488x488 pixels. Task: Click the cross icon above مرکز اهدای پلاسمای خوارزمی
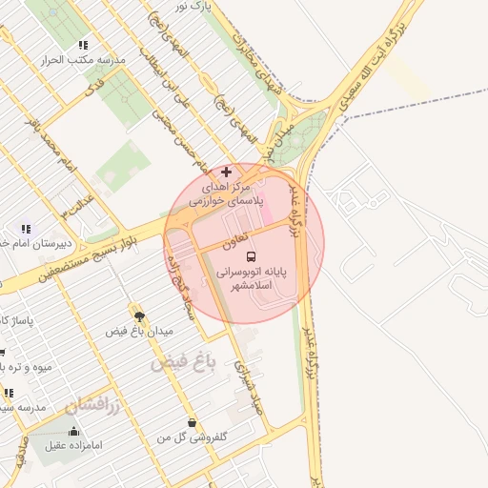[x=226, y=172]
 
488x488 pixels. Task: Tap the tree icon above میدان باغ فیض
[x=139, y=315]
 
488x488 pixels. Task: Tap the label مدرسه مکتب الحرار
[x=84, y=60]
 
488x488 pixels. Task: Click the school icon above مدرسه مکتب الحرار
[x=84, y=45]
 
